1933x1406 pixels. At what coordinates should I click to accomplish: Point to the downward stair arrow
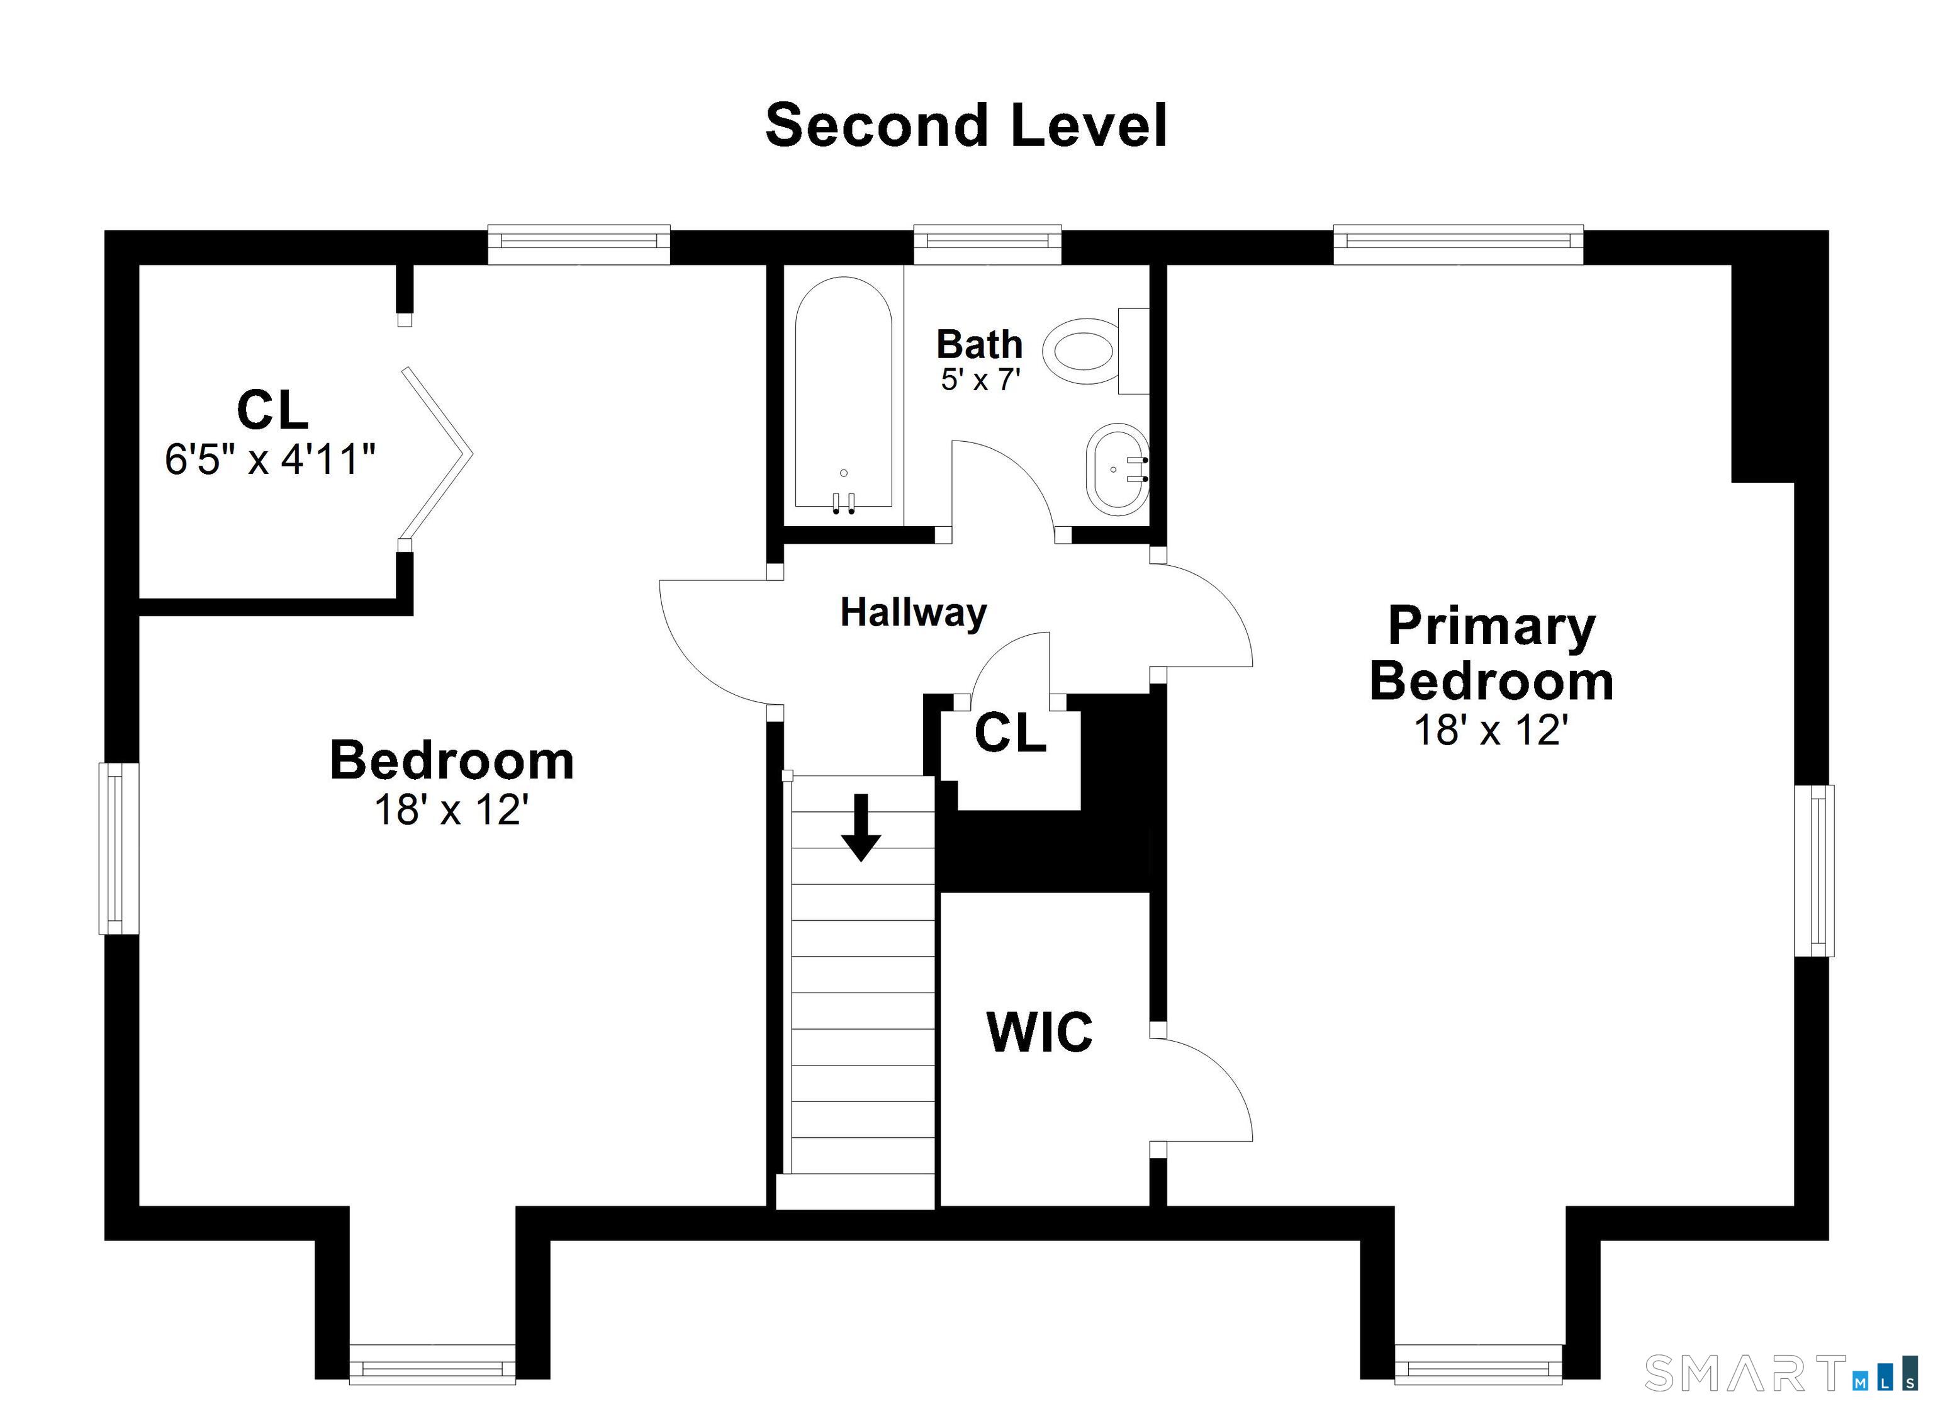point(861,827)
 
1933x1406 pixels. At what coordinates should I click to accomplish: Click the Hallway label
point(913,612)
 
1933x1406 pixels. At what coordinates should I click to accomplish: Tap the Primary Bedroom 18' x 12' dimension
point(1491,731)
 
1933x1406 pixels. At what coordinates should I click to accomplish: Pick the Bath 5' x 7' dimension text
point(980,380)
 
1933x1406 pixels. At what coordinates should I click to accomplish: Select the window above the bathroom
point(987,243)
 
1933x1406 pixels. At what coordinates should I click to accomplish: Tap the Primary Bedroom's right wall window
point(1813,870)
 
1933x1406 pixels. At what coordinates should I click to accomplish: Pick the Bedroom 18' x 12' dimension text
point(452,810)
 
